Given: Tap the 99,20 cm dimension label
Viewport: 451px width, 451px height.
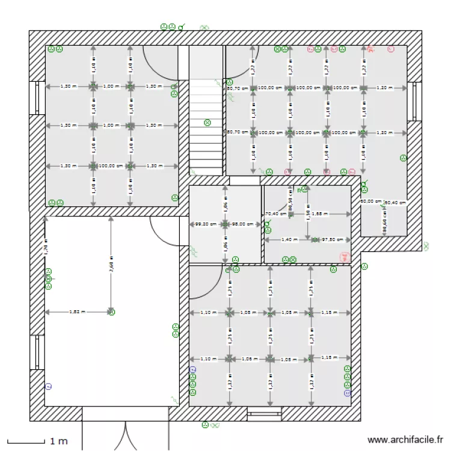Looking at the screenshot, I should [206, 224].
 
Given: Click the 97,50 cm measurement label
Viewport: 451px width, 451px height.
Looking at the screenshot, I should [332, 239].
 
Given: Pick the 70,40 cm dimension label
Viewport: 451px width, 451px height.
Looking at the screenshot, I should [275, 213].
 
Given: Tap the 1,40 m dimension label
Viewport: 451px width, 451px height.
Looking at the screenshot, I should [290, 239].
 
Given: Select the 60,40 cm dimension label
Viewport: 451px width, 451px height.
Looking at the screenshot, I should [395, 203].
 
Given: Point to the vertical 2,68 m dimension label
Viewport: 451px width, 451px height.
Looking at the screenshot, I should [111, 265].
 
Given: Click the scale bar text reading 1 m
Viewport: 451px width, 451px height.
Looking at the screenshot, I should [58, 442].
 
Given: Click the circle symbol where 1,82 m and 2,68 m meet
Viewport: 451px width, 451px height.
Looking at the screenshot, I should [111, 311].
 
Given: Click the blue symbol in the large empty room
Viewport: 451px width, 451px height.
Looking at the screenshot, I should [49, 385].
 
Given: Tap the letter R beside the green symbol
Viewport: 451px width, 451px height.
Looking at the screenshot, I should [299, 191].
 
